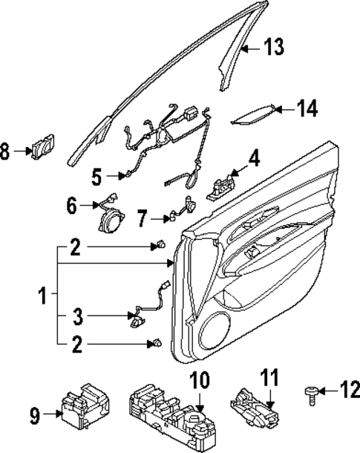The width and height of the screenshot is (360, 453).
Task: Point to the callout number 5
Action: tap(96, 177)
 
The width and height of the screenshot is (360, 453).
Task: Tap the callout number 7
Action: tap(144, 218)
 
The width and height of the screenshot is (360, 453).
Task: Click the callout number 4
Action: tap(254, 158)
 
